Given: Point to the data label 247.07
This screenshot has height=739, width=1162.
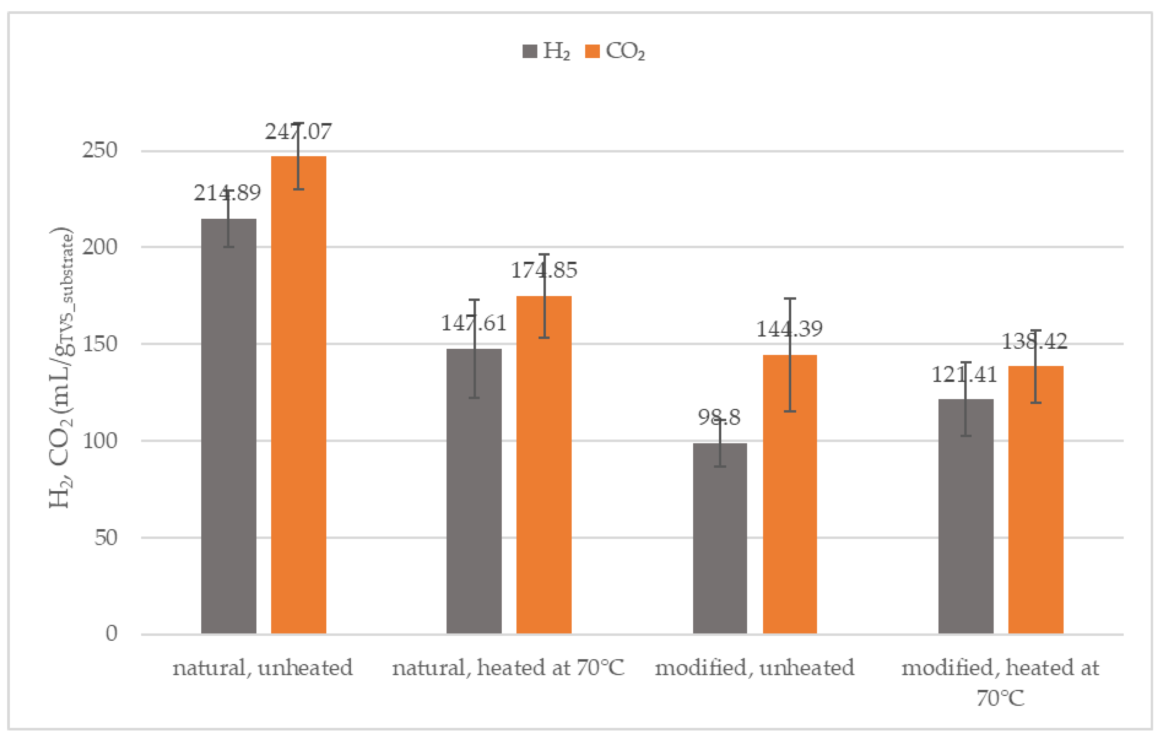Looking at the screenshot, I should click(298, 132).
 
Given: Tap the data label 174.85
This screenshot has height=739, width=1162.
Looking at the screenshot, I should click(544, 270).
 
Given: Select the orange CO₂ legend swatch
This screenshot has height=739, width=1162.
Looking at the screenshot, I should click(592, 51).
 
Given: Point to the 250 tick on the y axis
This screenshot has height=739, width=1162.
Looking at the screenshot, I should click(99, 150).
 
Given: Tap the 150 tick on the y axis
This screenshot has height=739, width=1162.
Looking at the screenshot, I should click(99, 344).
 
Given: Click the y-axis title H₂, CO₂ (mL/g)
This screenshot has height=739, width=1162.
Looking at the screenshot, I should click(61, 367).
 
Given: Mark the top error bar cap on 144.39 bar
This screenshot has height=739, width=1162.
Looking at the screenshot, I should click(790, 299).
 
